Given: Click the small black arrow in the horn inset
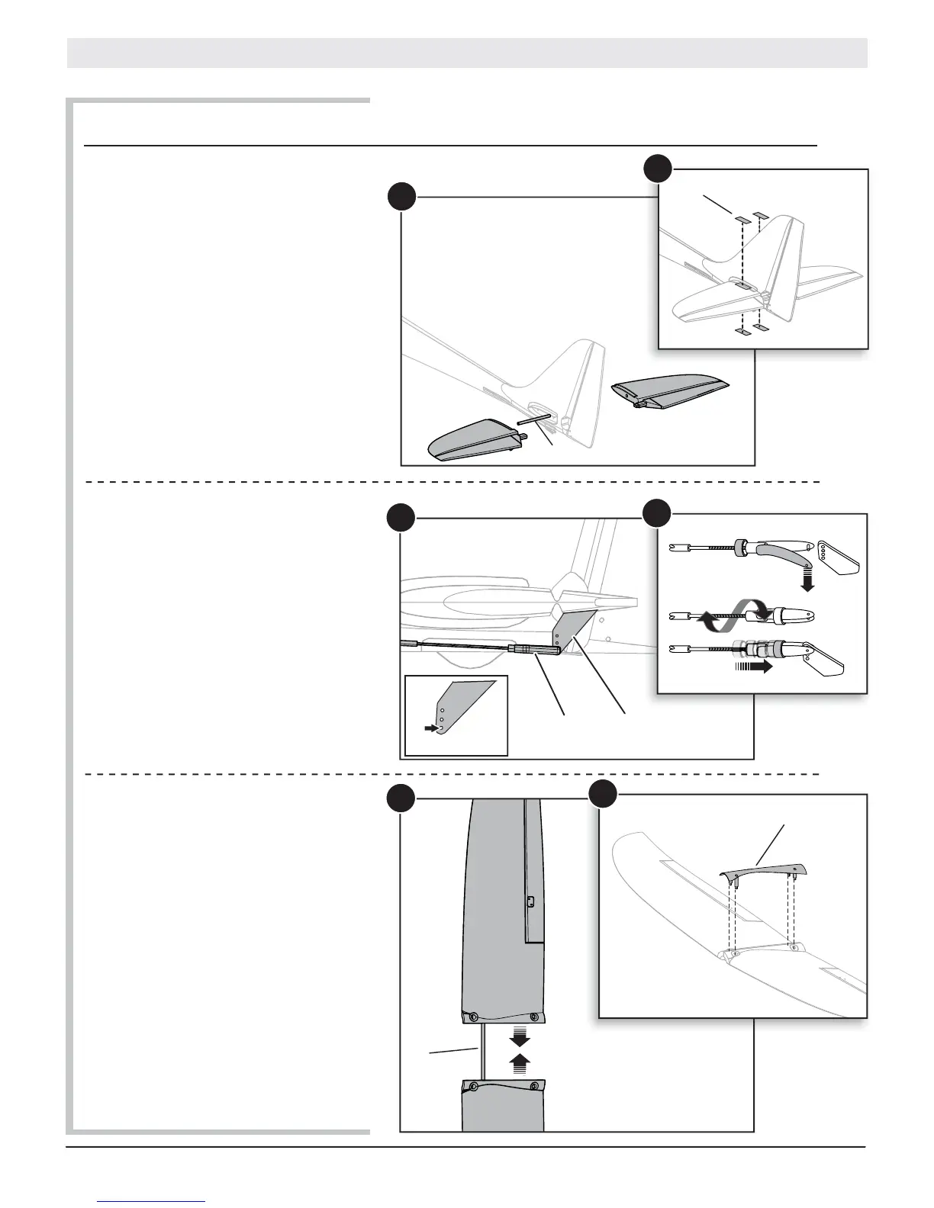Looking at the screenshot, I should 432,729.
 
